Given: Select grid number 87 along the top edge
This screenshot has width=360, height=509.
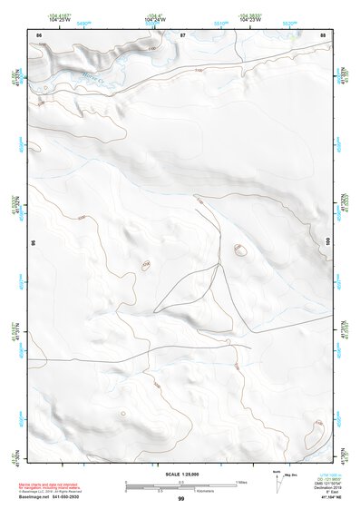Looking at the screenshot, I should [182, 34].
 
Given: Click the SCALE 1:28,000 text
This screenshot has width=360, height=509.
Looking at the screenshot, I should [180, 475].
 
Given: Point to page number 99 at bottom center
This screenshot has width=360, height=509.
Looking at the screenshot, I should [180, 499].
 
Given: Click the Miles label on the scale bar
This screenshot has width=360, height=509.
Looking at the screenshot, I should [241, 481].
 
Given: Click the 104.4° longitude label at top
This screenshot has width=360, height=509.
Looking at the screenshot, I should [183, 15].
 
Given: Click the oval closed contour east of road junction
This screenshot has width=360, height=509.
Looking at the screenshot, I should [240, 250].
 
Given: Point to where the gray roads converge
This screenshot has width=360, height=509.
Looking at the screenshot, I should [219, 266].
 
